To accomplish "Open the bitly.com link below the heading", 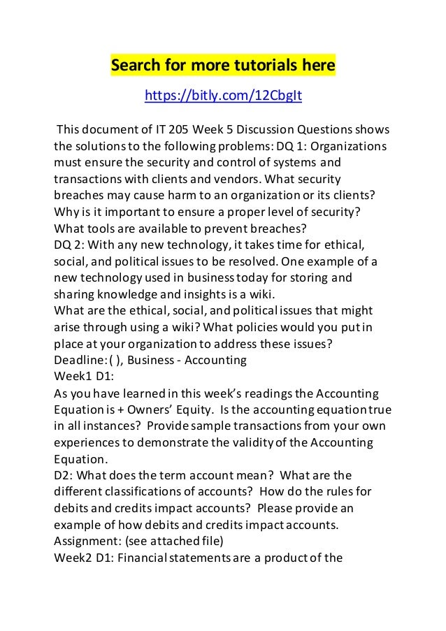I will coord(222,95).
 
